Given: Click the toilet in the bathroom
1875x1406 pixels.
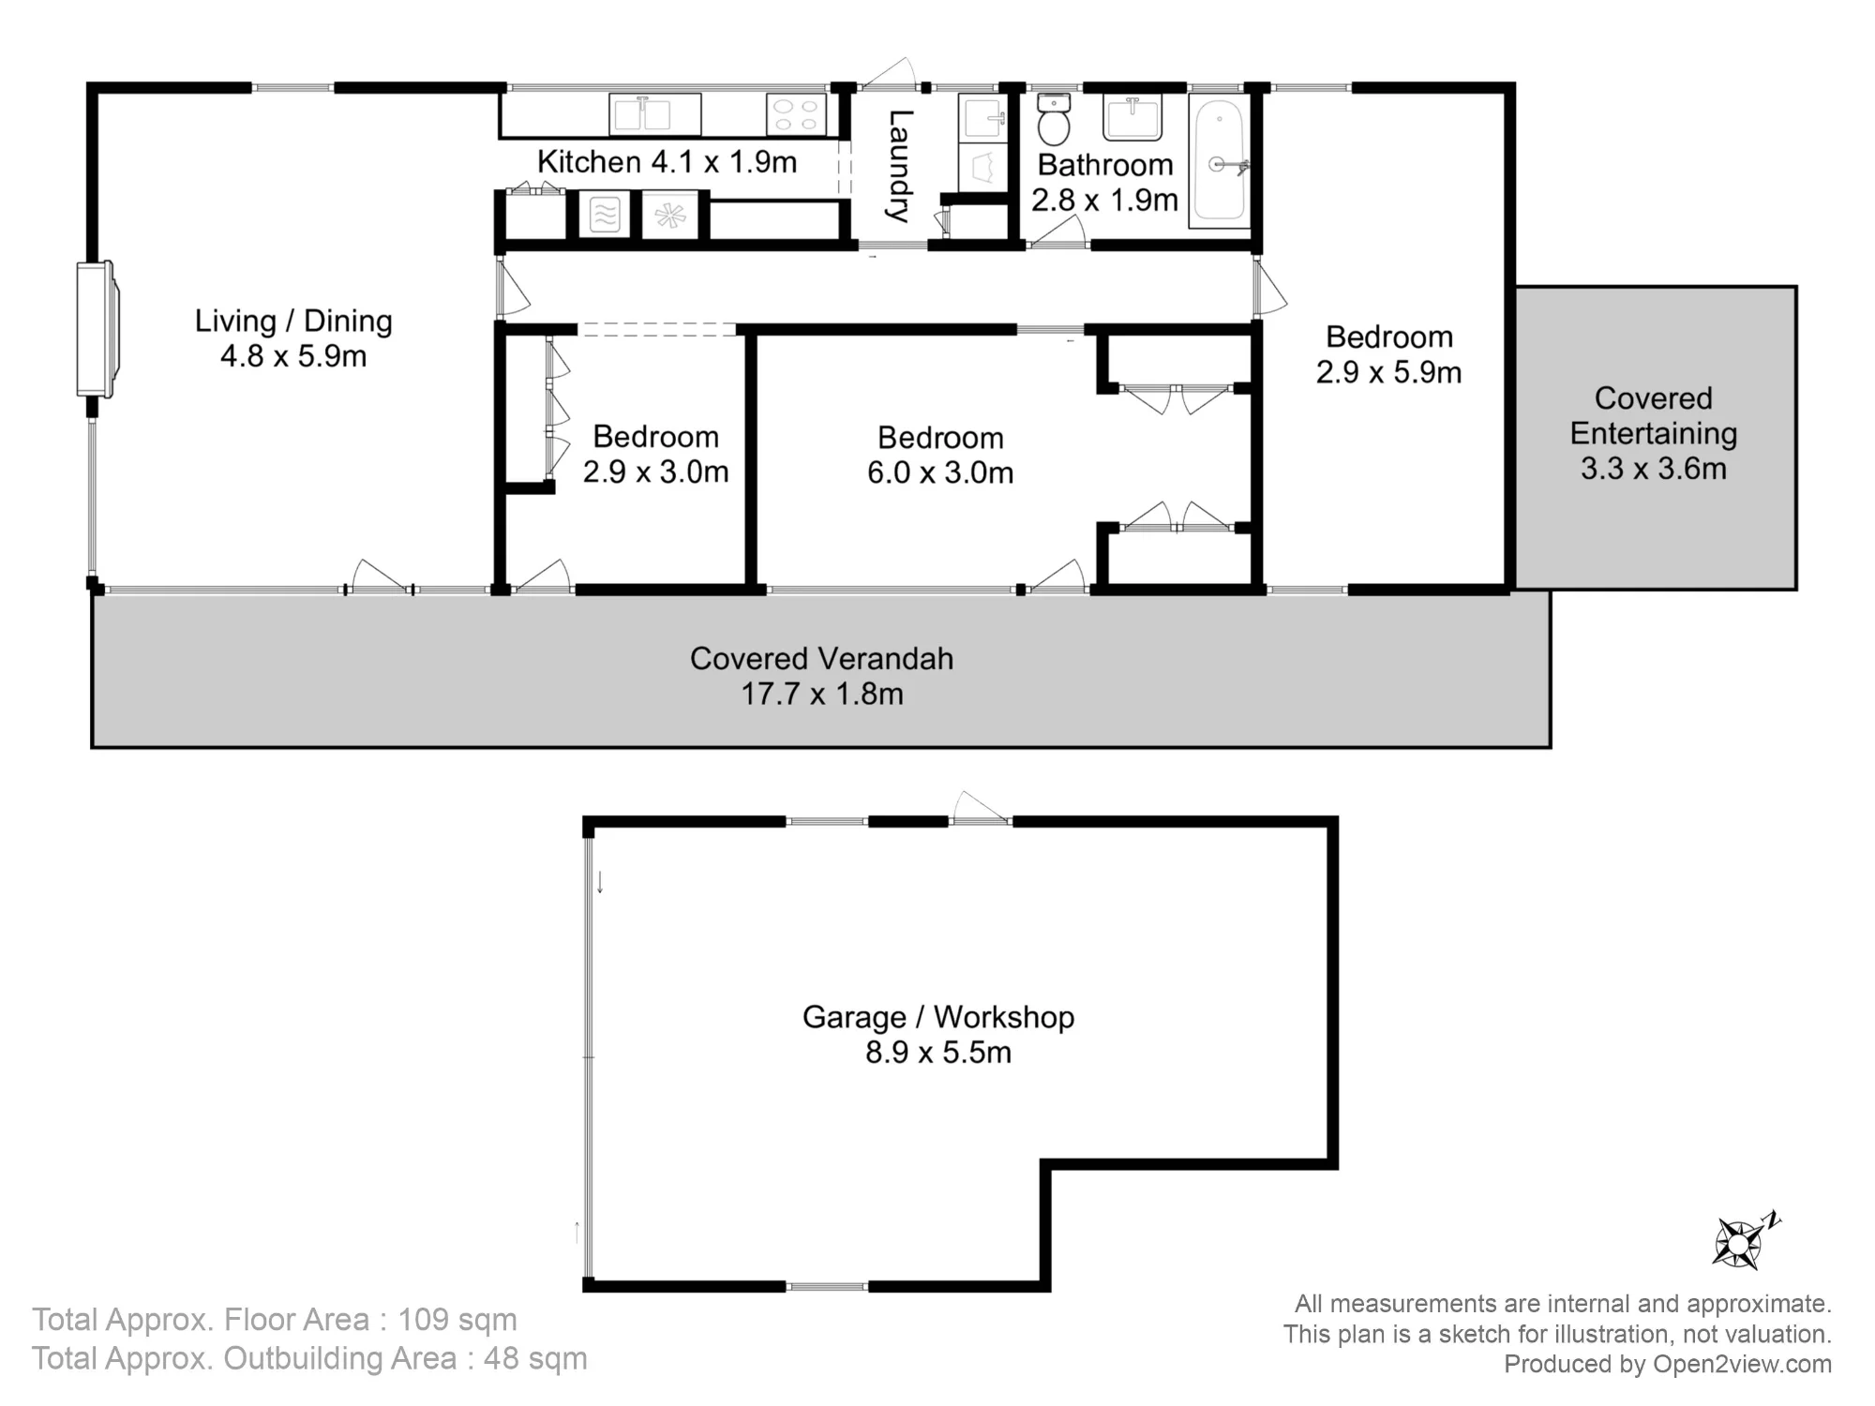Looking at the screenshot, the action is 1054,119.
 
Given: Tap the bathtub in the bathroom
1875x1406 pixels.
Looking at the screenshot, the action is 1219,160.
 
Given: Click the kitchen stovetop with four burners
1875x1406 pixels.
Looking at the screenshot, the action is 796,114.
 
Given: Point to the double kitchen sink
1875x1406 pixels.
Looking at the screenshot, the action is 654,114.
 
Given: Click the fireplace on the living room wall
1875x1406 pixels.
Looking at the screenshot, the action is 97,329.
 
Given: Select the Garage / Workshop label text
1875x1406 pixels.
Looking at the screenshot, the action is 937,1017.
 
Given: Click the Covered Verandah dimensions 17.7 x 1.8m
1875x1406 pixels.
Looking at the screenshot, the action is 822,695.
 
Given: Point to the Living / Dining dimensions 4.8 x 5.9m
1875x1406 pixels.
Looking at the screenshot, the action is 293,357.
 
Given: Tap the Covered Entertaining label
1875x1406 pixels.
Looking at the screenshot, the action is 1654,415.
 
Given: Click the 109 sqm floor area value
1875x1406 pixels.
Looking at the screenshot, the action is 457,1320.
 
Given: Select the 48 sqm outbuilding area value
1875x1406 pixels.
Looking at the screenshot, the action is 535,1358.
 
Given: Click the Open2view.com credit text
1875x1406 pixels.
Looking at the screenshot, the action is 1742,1364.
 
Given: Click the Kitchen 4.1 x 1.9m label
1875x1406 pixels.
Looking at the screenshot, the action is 667,162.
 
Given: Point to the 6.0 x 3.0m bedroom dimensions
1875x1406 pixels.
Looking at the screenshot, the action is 940,473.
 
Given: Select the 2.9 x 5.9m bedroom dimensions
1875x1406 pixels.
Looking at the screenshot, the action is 1388,373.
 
